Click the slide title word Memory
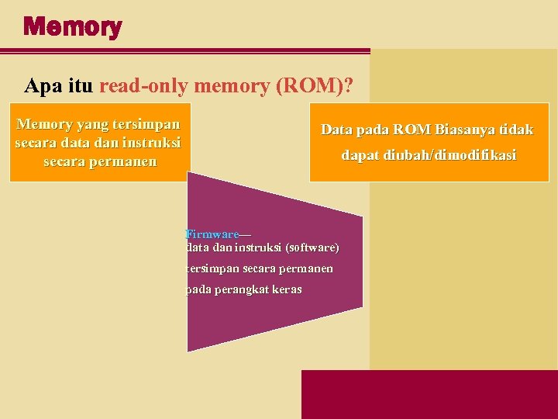coord(72,28)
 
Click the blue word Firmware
coord(212,234)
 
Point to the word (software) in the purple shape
coord(312,248)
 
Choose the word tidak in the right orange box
coord(515,130)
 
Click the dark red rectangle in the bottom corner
coord(429,394)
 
